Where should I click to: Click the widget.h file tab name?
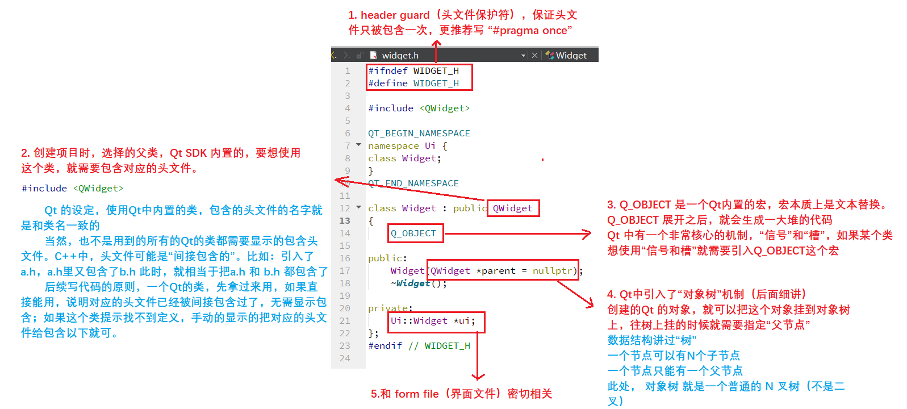[x=400, y=55]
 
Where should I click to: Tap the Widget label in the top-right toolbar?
[x=571, y=55]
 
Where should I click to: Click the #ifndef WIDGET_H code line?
[x=413, y=71]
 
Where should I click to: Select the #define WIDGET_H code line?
[x=413, y=84]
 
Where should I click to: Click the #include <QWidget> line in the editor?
[x=419, y=108]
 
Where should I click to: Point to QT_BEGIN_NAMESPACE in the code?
[x=419, y=133]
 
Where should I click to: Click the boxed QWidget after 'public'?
[x=512, y=208]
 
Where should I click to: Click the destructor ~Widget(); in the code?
[x=419, y=283]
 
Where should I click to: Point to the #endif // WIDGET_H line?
[x=419, y=346]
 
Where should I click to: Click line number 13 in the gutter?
[x=345, y=221]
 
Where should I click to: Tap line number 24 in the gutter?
[x=345, y=358]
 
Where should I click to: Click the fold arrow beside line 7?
[x=358, y=145]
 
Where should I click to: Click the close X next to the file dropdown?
[x=534, y=55]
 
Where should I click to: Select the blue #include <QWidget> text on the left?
[x=72, y=189]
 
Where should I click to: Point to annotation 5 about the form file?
[x=461, y=394]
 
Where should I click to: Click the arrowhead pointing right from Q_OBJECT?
[x=587, y=233]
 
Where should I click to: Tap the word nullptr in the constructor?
[x=552, y=271]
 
